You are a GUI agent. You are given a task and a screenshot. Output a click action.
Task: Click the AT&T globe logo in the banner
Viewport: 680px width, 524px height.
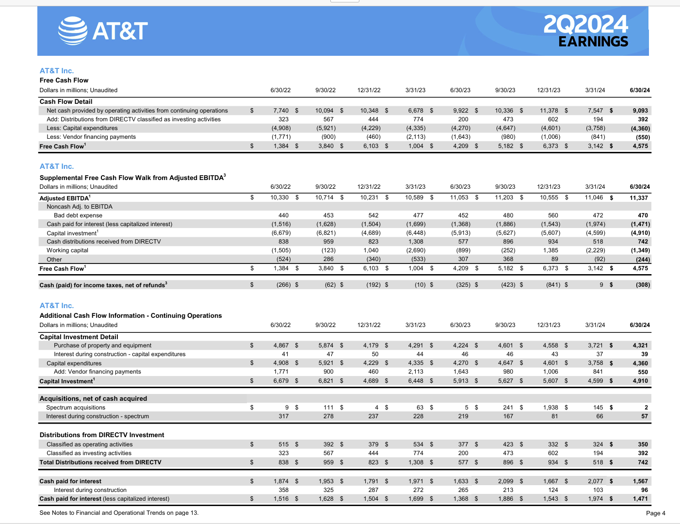72,31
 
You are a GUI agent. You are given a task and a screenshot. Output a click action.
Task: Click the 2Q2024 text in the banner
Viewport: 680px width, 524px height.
585,24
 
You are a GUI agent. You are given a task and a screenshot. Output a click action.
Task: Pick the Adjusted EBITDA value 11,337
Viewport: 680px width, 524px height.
639,198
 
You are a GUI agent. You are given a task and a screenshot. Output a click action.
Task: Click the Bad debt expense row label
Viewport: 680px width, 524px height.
78,215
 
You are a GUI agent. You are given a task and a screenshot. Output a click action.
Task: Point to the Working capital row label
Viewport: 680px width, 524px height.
67,250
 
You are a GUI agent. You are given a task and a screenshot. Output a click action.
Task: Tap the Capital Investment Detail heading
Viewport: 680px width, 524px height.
79,337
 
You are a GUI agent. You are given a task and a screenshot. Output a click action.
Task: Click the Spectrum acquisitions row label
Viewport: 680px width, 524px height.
76,408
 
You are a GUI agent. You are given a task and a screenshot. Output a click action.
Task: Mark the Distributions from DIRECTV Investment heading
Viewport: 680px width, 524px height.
102,435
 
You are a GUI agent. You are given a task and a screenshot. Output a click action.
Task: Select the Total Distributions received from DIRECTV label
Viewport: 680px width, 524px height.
100,462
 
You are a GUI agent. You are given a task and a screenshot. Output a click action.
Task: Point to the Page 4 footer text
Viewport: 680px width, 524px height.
655,513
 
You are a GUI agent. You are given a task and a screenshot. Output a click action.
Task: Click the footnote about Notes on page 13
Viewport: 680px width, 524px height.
119,513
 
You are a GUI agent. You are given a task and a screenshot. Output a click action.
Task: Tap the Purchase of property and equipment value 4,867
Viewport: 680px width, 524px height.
281,345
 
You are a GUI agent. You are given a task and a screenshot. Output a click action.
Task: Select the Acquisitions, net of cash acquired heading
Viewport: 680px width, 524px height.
93,398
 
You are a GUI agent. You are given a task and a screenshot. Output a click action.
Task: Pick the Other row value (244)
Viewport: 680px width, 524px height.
643,260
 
